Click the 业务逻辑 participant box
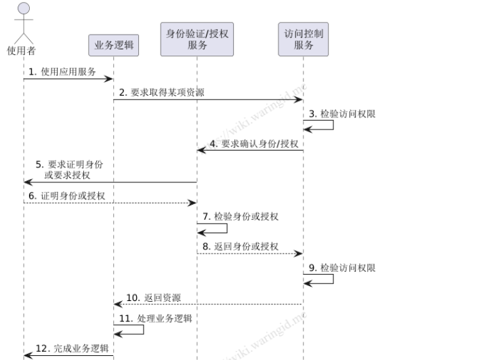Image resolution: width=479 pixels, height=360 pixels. click(113, 45)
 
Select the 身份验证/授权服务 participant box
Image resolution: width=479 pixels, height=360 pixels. click(197, 39)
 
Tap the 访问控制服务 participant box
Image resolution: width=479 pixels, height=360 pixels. click(303, 39)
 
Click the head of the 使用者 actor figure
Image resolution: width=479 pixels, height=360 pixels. click(24, 9)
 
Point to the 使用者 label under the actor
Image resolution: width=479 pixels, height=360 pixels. click(22, 50)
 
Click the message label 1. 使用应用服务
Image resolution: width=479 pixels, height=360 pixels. click(62, 71)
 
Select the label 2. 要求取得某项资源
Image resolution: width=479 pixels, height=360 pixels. click(162, 92)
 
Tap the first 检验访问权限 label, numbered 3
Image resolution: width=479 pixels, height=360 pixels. click(341, 114)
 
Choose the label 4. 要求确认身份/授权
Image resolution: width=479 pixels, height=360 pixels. click(253, 144)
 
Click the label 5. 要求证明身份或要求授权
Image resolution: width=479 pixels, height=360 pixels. click(70, 169)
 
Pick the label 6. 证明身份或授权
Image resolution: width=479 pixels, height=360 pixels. click(66, 195)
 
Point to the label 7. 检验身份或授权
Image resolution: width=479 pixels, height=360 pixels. click(241, 217)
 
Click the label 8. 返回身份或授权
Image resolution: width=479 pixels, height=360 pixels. click(240, 246)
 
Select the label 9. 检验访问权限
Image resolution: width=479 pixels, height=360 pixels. click(341, 268)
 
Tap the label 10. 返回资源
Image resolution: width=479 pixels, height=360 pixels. click(153, 298)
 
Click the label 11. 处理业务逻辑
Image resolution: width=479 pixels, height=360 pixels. click(155, 318)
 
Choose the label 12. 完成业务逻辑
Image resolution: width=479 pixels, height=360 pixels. click(72, 348)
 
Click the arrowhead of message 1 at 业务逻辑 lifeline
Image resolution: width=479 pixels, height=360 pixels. click(109, 79)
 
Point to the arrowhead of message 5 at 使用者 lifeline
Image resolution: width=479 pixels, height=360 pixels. click(28, 182)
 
